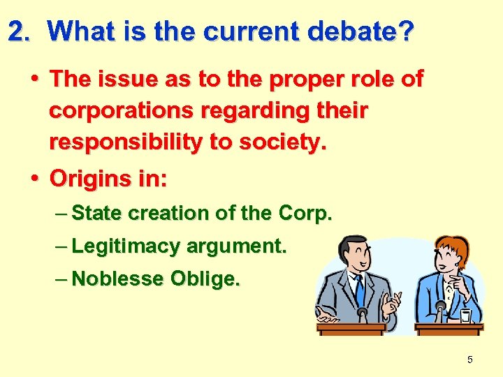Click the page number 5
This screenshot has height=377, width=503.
pyautogui.click(x=469, y=360)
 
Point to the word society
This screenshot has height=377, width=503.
pyautogui.click(x=288, y=143)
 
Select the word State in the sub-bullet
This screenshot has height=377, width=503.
pyautogui.click(x=95, y=214)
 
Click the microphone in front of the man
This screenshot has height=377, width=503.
pyautogui.click(x=362, y=312)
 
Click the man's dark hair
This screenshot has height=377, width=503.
pyautogui.click(x=353, y=246)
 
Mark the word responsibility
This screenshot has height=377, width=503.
pyautogui.click(x=126, y=143)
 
